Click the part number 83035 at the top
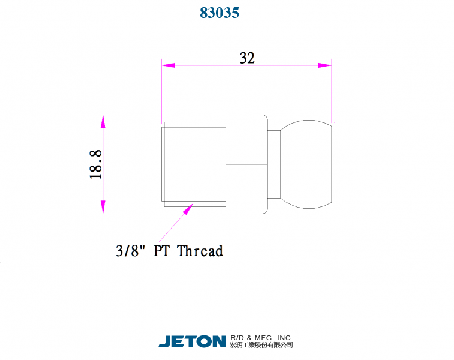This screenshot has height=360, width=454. pyautogui.click(x=220, y=13)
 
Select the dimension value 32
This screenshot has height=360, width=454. pyautogui.click(x=247, y=58)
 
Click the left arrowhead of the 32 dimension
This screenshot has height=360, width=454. pyautogui.click(x=168, y=65)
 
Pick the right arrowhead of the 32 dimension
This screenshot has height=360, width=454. pyautogui.click(x=325, y=65)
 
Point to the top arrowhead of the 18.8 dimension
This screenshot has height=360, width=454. pyautogui.click(x=103, y=121)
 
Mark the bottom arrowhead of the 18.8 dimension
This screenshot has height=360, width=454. pyautogui.click(x=103, y=206)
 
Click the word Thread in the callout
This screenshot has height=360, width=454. pyautogui.click(x=200, y=251)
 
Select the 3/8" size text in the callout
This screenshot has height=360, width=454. pyautogui.click(x=131, y=251)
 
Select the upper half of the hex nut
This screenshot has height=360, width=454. pyautogui.click(x=246, y=139)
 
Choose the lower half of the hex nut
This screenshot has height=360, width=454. pyautogui.click(x=246, y=188)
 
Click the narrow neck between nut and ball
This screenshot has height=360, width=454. pyautogui.click(x=273, y=164)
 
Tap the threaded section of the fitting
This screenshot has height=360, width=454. pyautogui.click(x=193, y=164)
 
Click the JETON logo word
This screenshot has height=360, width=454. pyautogui.click(x=192, y=341)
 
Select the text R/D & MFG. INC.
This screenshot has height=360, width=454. pyautogui.click(x=261, y=338)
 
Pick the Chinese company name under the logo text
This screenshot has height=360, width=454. pyautogui.click(x=261, y=346)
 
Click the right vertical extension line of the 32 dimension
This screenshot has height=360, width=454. pyautogui.click(x=332, y=90)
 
